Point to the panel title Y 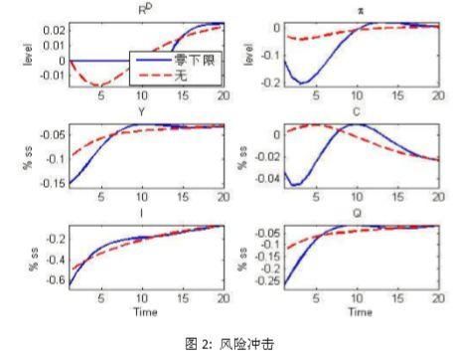(x=141, y=113)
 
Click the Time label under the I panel (x=141, y=310)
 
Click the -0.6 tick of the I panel (x=49, y=281)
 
